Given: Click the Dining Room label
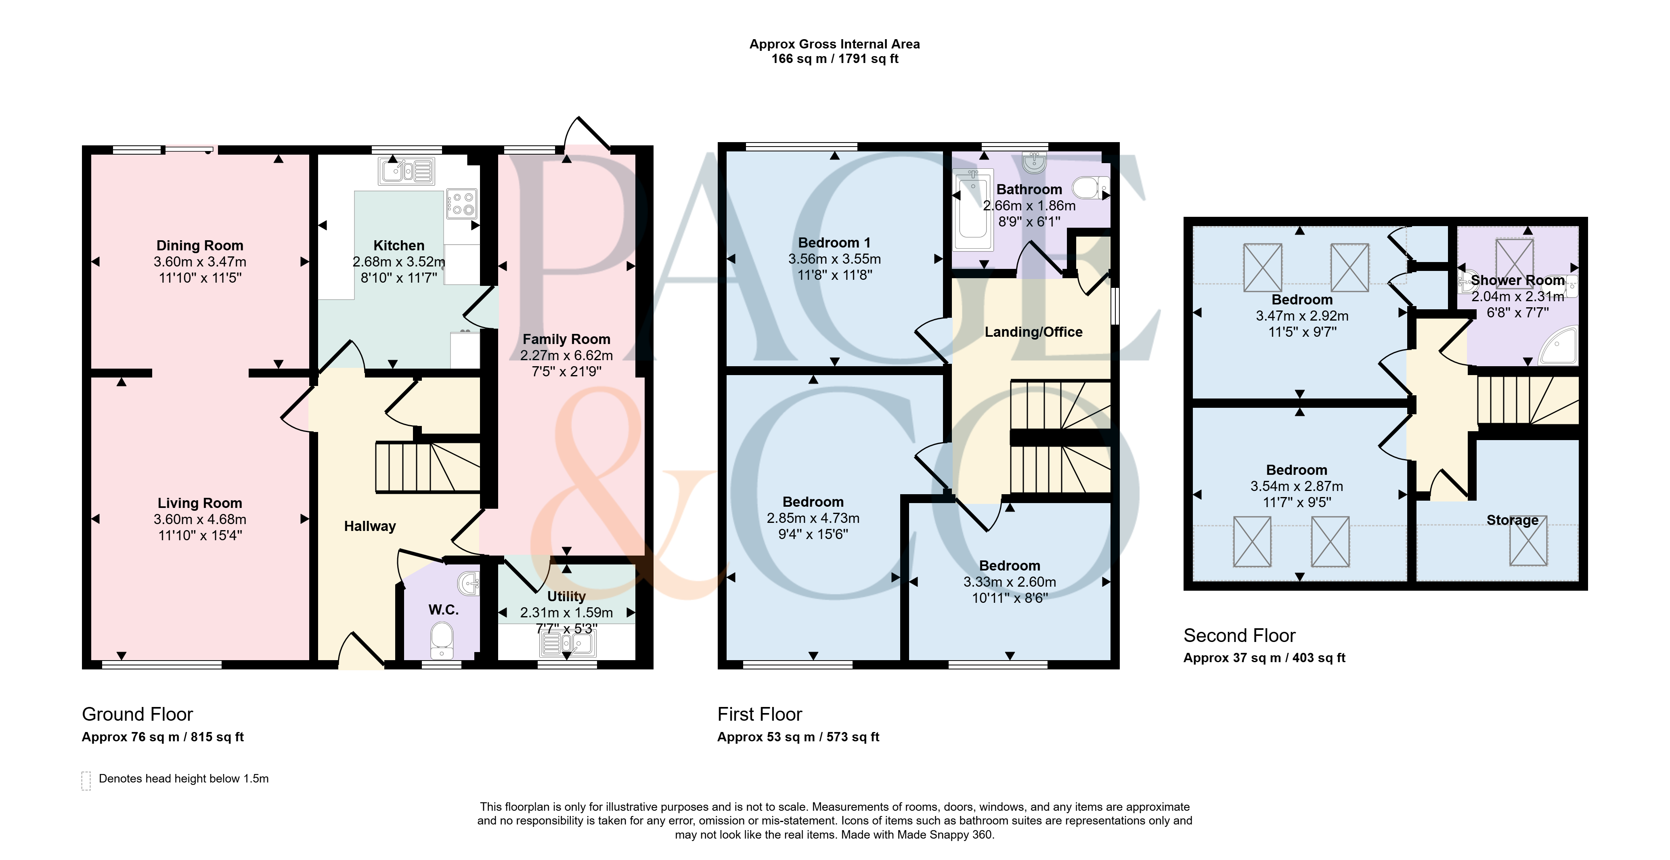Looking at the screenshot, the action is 200,245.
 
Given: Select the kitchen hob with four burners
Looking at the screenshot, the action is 461,203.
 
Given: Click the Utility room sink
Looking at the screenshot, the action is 568,643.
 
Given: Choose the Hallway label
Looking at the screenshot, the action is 369,526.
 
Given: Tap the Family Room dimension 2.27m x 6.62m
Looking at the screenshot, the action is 566,355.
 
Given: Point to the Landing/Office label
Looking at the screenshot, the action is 1033,332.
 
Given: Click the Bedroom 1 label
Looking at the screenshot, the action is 834,243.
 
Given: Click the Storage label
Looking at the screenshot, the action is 1512,520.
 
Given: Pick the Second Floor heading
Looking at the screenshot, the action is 1239,636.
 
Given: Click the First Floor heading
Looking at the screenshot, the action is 759,714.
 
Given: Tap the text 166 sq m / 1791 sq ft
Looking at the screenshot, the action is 834,59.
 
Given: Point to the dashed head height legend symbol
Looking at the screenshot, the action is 86,781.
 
